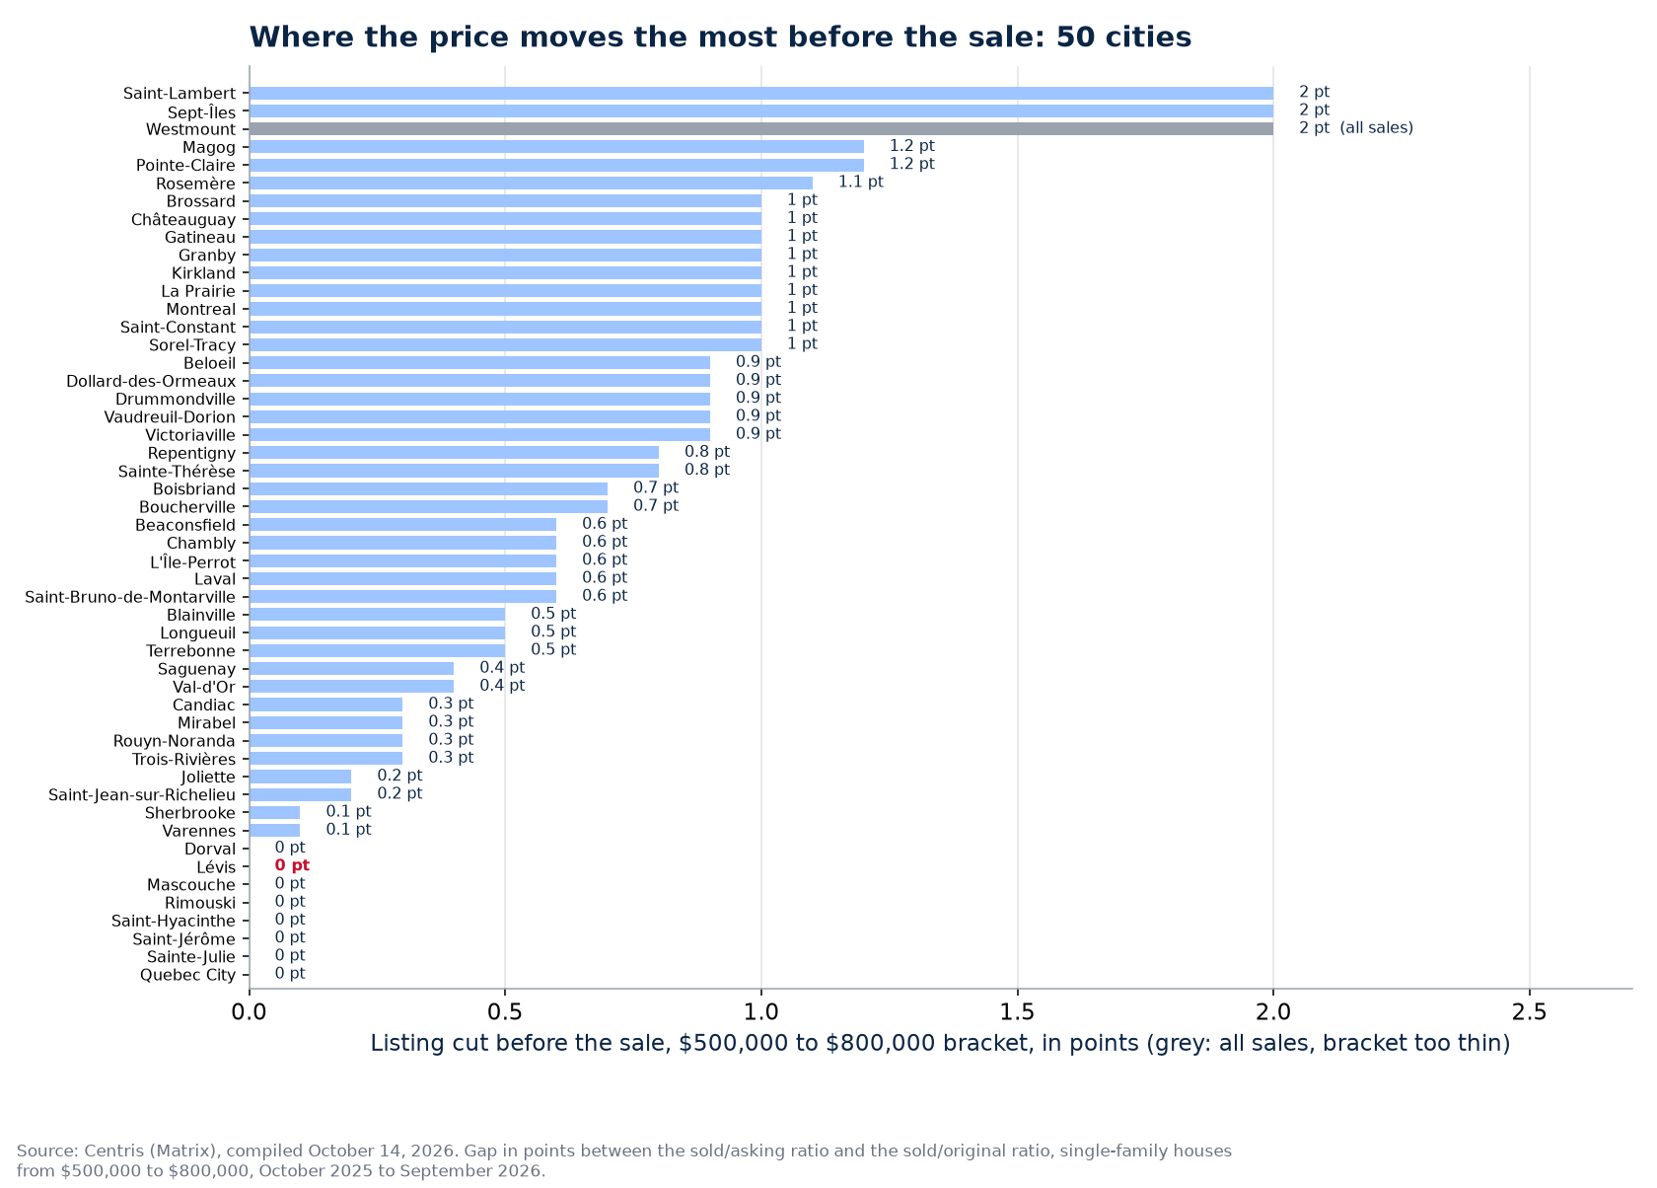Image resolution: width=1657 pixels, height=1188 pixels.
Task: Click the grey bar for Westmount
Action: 761,129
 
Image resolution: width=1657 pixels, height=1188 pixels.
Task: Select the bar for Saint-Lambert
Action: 761,94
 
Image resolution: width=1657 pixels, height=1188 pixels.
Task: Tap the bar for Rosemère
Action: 531,183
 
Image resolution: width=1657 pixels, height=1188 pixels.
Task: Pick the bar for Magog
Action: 557,147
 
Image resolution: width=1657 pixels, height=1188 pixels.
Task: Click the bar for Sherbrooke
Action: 275,813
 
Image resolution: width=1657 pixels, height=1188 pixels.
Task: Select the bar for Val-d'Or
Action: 352,687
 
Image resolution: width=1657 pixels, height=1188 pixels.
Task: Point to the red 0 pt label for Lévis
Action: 292,865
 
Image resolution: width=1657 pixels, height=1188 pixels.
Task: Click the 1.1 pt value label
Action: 860,183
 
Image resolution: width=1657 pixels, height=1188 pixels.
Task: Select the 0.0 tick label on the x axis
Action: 250,1011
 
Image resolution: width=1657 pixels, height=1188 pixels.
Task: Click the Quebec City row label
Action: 187,975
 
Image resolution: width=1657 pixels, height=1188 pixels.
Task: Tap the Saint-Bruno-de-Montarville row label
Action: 130,597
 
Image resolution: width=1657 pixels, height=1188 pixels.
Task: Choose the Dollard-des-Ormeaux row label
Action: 151,381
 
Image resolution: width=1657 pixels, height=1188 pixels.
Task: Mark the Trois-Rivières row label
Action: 183,760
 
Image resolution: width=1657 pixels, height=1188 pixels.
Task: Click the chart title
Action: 720,37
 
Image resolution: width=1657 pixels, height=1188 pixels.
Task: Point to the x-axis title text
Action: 940,1044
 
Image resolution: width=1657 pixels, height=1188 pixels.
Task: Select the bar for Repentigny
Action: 454,453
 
